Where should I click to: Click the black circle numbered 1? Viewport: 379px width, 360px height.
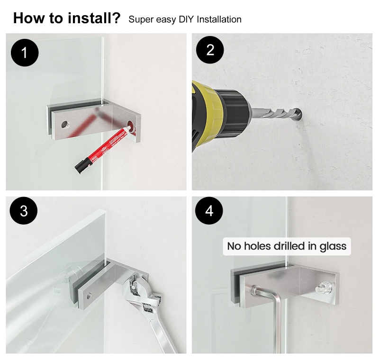pos(25,53)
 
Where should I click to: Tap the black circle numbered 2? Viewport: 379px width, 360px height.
pos(210,50)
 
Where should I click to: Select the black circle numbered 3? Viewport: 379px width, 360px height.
pos(24,211)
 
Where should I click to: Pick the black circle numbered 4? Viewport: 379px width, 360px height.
pos(209,211)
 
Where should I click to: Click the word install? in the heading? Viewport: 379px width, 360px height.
pos(94,18)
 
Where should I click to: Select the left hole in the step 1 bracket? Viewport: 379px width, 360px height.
pos(64,125)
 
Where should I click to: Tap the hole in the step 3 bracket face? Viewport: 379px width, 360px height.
pos(89,295)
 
